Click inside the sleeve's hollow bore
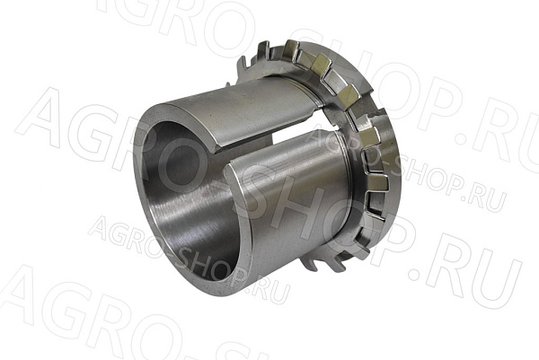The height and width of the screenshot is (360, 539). (x=186, y=192)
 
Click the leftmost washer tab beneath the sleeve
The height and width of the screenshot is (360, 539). (x=311, y=263)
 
